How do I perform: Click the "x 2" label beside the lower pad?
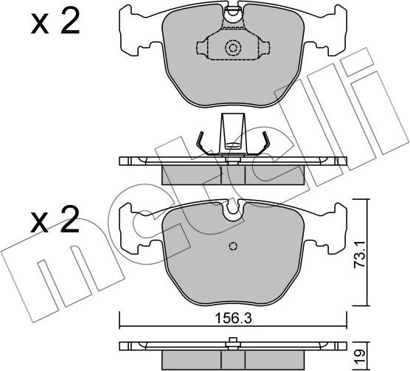click(x=55, y=220)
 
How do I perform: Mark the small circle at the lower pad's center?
click(x=233, y=246)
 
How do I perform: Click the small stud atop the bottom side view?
click(x=233, y=340)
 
